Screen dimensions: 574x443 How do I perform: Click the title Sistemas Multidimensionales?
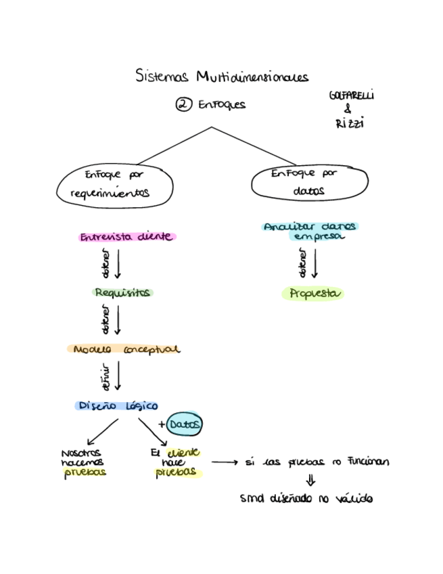(x=221, y=75)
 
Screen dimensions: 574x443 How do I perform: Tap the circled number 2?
(x=183, y=104)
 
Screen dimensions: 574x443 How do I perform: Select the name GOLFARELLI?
(x=351, y=95)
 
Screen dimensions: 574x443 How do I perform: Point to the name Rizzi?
(x=349, y=123)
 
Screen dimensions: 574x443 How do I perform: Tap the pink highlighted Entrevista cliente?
(x=126, y=238)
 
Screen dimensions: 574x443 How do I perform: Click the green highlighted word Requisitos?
(x=122, y=293)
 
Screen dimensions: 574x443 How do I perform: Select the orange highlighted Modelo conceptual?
(x=124, y=350)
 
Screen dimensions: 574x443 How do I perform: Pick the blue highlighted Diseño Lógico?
(x=117, y=406)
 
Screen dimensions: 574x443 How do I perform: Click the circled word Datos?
(x=184, y=424)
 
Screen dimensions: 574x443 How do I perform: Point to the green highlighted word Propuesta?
(x=312, y=294)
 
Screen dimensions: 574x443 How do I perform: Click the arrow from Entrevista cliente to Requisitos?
(x=118, y=264)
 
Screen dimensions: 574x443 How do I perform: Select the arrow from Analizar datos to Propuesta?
(x=314, y=264)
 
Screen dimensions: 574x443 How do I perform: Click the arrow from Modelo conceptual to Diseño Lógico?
(x=118, y=376)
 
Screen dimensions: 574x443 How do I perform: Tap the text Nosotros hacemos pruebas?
(x=83, y=463)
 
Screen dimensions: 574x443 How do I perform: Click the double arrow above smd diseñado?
(x=310, y=481)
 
